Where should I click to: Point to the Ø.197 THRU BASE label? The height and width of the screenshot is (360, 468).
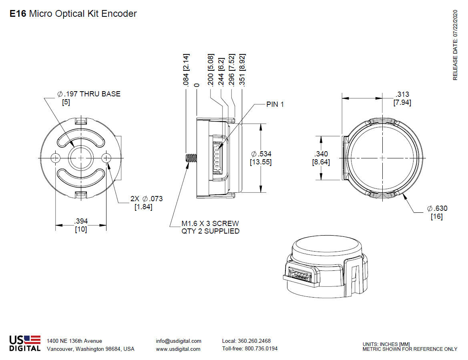pos(89,94)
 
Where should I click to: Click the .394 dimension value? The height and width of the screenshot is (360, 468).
pos(81,221)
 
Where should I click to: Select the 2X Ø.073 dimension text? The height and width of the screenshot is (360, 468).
pos(147,199)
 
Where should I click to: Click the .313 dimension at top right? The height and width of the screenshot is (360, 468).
pos(402,94)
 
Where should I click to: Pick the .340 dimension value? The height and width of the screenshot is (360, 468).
pos(321,154)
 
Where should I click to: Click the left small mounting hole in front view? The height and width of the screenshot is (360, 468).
pos(56,158)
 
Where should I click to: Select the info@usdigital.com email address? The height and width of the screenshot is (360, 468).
pos(179,341)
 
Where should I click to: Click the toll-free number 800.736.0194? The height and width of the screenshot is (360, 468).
pos(260,348)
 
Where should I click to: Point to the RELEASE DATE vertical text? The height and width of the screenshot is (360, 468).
pos(455,45)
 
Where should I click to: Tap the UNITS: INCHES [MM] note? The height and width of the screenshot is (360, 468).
pos(386,344)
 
